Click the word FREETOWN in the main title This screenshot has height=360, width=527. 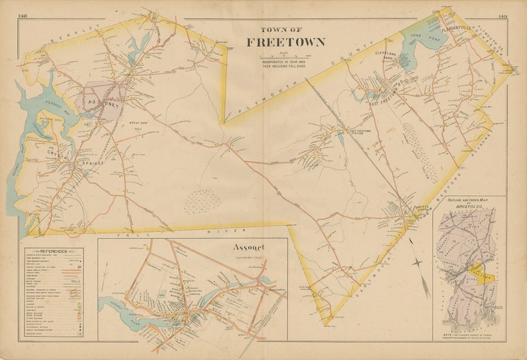tap(286, 43)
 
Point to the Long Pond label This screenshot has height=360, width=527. tap(417, 37)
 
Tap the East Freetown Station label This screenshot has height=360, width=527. tap(360, 132)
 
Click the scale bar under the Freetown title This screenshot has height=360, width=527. tap(286, 55)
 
